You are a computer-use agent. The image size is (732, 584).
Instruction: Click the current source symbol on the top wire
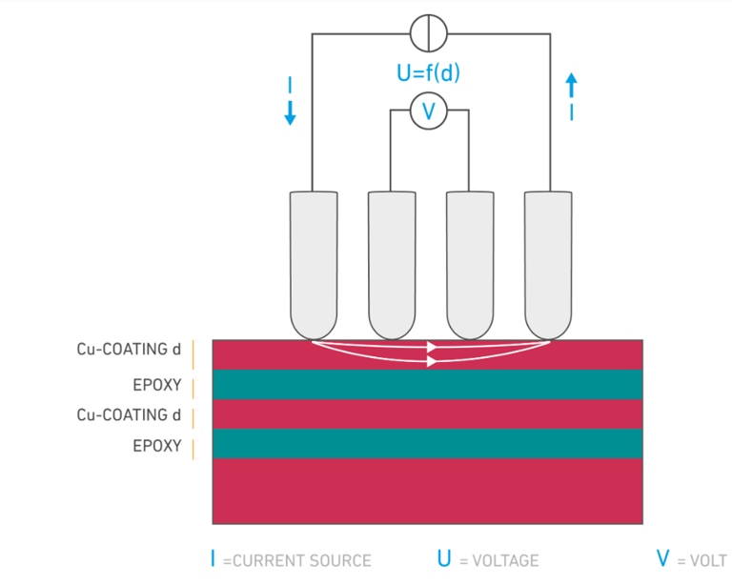(428, 34)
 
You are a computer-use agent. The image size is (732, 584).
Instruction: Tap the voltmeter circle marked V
(428, 111)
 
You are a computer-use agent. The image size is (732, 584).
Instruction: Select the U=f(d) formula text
(428, 72)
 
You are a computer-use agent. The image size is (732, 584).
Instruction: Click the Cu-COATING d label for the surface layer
(129, 350)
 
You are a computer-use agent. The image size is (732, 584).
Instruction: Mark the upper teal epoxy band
(427, 384)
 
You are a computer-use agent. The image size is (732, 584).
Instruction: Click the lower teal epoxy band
(427, 443)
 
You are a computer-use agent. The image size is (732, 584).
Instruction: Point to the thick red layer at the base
(427, 491)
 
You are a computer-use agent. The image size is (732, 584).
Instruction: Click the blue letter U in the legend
(445, 560)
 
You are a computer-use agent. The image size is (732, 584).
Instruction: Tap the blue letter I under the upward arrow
(571, 112)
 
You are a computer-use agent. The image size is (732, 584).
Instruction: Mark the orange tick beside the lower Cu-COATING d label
(193, 416)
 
